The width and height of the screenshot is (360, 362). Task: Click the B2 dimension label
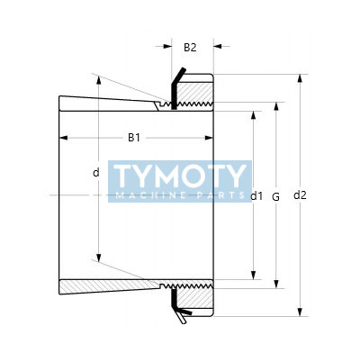coord(190,47)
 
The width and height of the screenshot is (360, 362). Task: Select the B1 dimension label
coord(134,138)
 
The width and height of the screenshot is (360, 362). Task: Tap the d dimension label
coord(96,173)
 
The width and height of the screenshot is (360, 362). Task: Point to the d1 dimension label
coord(256,196)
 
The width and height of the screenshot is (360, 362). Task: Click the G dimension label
coord(275,197)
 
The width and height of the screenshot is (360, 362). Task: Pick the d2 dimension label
coord(300,195)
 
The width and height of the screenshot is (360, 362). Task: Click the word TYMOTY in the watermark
coord(180,176)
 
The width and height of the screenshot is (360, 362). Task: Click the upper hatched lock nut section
coord(194,93)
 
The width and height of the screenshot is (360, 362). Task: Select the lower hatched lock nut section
coord(194,298)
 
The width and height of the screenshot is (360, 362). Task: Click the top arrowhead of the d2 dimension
coord(300,78)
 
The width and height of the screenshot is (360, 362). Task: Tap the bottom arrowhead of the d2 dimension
coord(300,312)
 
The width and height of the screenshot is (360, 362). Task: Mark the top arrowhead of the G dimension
coord(276,106)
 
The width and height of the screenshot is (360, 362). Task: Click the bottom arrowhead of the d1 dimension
coord(254,276)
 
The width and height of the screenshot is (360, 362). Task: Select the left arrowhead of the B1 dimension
coord(64,138)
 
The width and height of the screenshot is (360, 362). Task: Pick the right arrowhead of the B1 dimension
coord(209,138)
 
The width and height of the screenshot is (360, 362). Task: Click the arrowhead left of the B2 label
coord(167,46)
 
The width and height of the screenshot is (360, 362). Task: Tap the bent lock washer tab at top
coord(179,77)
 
